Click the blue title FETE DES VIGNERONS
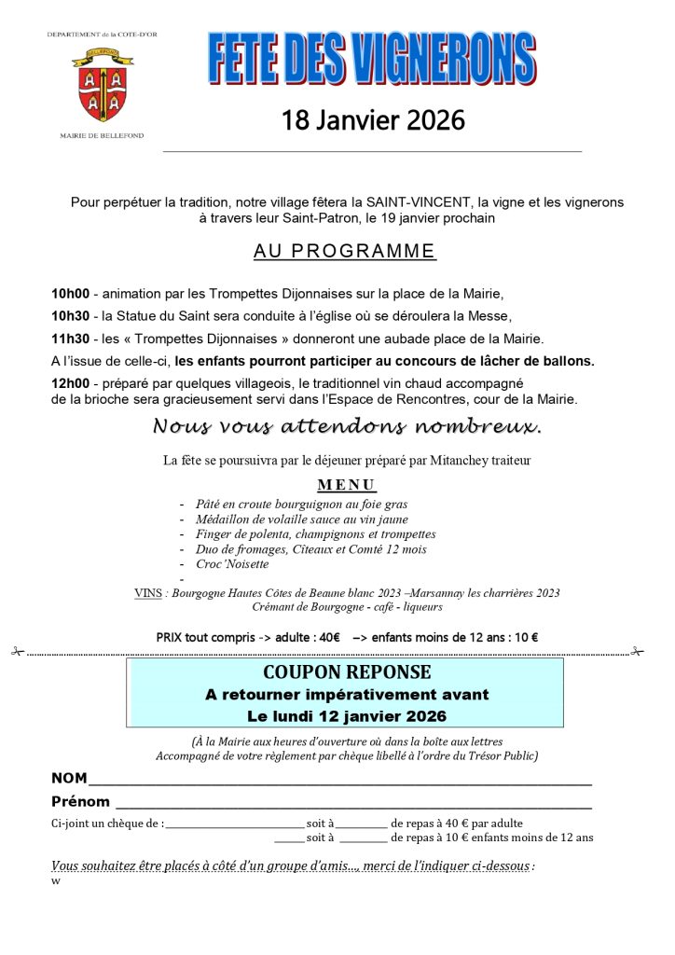(372, 59)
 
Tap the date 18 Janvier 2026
(373, 121)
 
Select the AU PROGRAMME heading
(344, 251)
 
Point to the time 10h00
(70, 294)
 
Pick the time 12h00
(70, 383)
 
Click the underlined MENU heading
(346, 485)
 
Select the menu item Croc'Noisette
(232, 564)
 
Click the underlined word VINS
(148, 593)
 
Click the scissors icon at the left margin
(17, 652)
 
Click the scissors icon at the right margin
(638, 652)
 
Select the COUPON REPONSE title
(346, 672)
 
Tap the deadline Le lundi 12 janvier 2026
(346, 716)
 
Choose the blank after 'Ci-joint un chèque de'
(235, 824)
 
